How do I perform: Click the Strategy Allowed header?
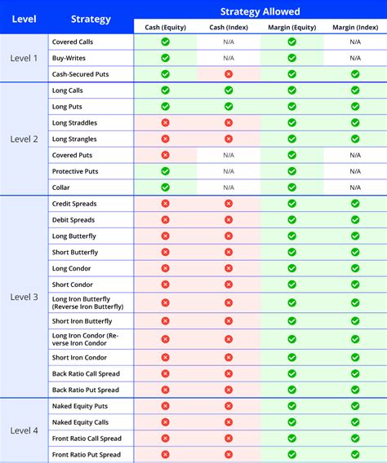[260, 11]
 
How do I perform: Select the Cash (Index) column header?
[228, 27]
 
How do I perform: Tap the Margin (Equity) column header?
[291, 27]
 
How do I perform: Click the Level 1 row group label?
[24, 58]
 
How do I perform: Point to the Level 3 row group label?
[24, 297]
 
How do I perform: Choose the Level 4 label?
[24, 430]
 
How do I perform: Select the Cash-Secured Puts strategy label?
[80, 74]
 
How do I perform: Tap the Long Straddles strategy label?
[74, 122]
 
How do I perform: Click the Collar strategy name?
[61, 187]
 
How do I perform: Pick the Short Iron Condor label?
[79, 357]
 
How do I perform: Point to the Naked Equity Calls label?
[81, 422]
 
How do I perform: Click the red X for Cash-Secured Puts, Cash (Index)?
[229, 74]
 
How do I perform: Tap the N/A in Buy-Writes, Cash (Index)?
[229, 58]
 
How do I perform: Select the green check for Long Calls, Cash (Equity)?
[165, 90]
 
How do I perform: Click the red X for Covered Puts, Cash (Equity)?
[165, 155]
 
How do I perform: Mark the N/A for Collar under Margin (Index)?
[355, 187]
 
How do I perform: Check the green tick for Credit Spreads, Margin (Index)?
[355, 204]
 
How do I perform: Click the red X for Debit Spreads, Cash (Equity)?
[165, 220]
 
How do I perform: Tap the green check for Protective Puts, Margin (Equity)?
[291, 171]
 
